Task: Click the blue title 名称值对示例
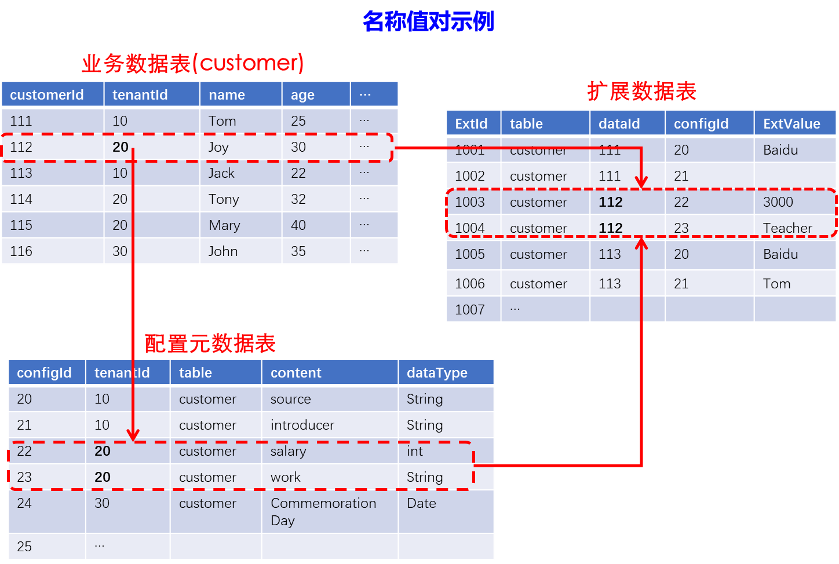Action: click(428, 22)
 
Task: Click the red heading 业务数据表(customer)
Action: click(192, 63)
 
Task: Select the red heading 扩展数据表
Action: click(641, 91)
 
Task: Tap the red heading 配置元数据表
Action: click(210, 343)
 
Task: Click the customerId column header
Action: click(47, 95)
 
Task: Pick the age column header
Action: click(302, 95)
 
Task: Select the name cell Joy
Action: click(218, 147)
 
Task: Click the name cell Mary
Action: click(224, 225)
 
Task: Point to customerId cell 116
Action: click(21, 251)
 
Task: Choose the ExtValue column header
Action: click(791, 124)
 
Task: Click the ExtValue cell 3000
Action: click(778, 202)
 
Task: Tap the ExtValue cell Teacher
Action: click(787, 228)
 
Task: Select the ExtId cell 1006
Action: click(469, 284)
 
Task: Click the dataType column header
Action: click(437, 373)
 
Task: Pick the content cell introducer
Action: click(302, 425)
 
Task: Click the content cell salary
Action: click(288, 451)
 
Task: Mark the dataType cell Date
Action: click(421, 503)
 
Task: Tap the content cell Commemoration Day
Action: click(323, 511)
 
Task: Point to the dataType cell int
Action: click(415, 451)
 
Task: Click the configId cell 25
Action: click(24, 547)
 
